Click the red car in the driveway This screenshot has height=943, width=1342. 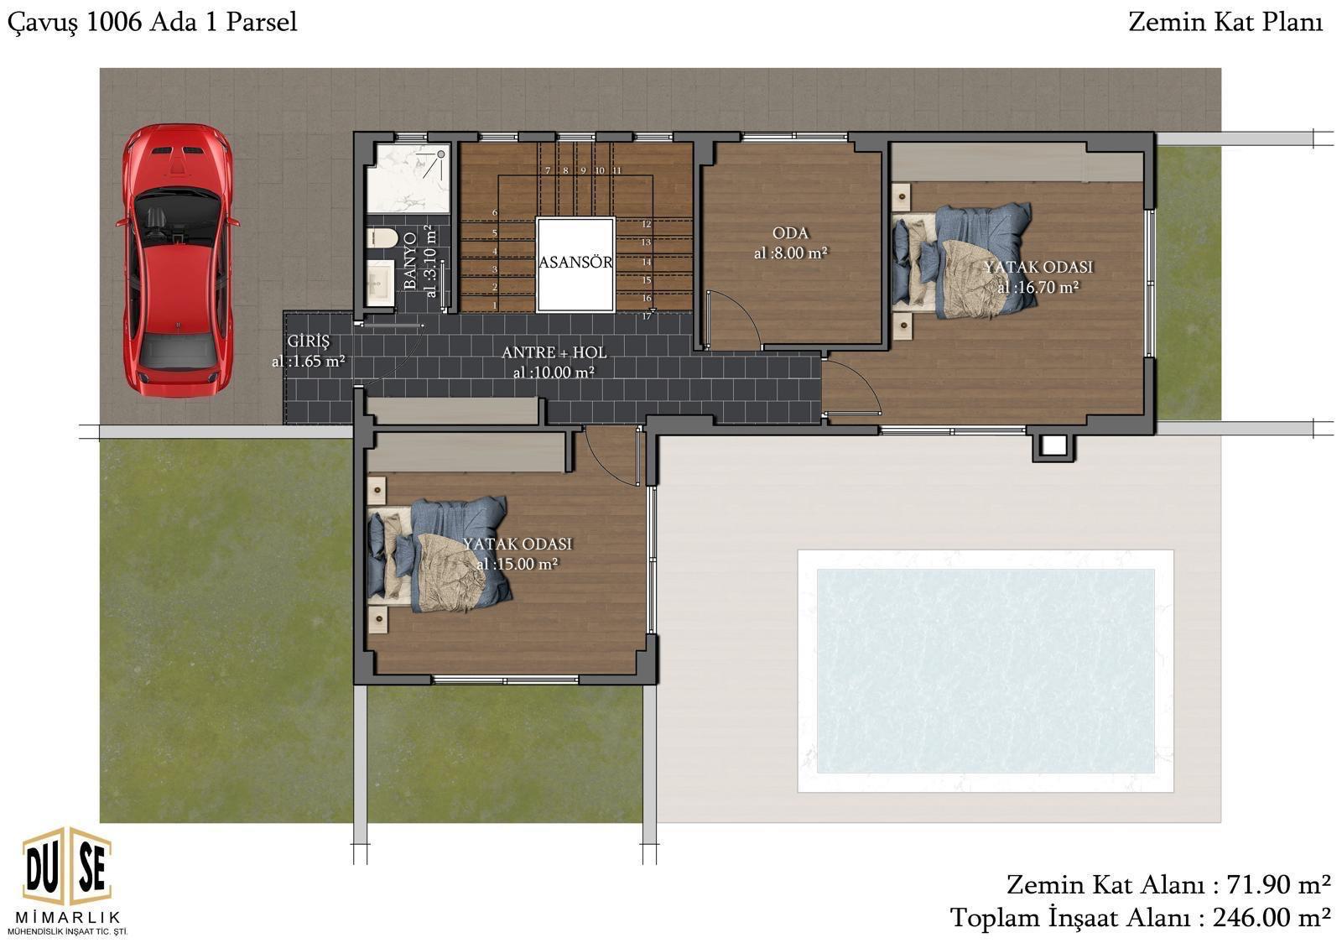click(x=178, y=260)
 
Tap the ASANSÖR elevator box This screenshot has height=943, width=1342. click(x=575, y=264)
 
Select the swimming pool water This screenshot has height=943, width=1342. click(x=986, y=671)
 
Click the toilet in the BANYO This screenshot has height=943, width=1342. click(x=382, y=237)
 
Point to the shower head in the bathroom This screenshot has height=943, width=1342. click(x=440, y=154)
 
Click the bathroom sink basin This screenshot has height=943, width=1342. click(x=380, y=283)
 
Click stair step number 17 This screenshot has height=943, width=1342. click(x=647, y=316)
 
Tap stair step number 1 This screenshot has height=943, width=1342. click(x=495, y=305)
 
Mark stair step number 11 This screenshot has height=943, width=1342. click(x=617, y=171)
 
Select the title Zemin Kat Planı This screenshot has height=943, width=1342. click(x=1225, y=23)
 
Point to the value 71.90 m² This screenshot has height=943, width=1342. click(x=1279, y=885)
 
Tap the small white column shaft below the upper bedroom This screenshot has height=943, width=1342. click(x=1053, y=445)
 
